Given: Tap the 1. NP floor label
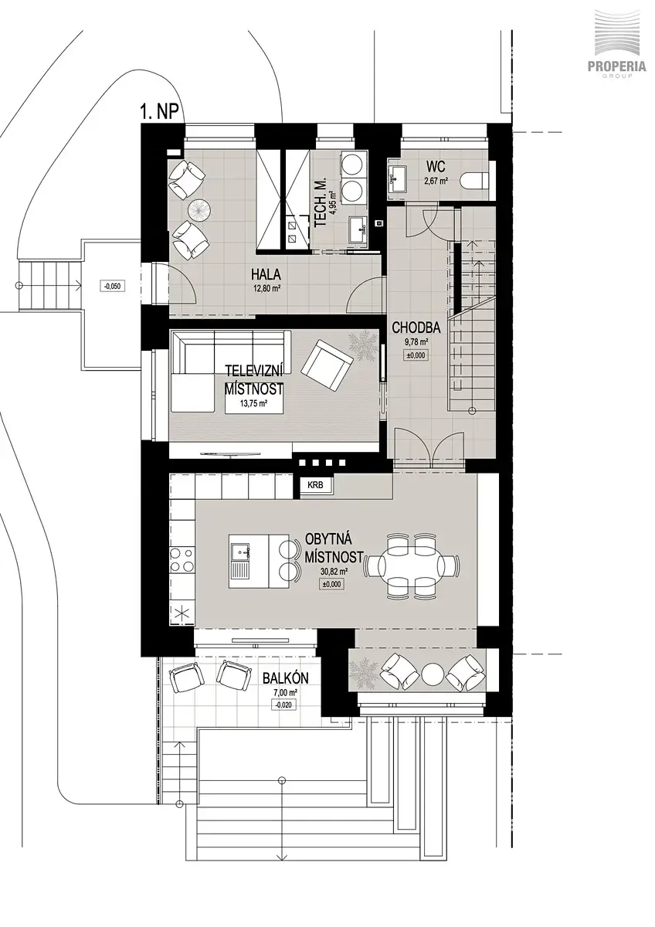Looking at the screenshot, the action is (x=161, y=112).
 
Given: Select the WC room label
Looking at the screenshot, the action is (x=436, y=167).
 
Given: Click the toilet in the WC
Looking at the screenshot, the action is (x=480, y=181).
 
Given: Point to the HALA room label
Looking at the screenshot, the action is (x=266, y=274).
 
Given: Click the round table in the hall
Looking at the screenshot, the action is (x=200, y=210).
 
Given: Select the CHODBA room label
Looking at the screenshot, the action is (x=416, y=328).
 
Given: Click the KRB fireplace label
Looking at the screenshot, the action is (x=315, y=485).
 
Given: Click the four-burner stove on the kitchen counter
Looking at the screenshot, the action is (x=182, y=559).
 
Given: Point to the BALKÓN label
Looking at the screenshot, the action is (x=285, y=679).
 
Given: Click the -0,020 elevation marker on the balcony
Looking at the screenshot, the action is (x=283, y=705).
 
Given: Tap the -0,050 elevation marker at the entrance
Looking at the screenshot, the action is (x=113, y=286).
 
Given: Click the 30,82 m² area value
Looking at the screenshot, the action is (x=333, y=572).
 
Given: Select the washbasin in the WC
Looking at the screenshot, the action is (x=397, y=178).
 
